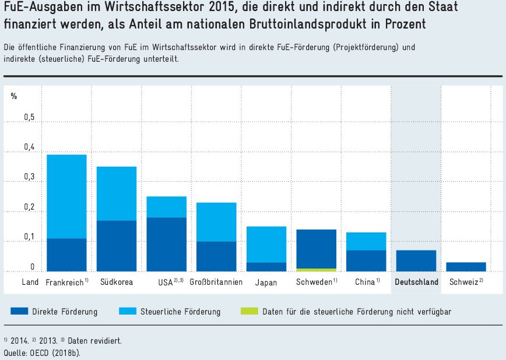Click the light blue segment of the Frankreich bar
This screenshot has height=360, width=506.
coord(66,196)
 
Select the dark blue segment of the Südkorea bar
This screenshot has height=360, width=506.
coord(116,246)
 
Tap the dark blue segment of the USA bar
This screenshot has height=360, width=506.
coord(166,244)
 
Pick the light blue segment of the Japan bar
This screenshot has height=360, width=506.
coord(266,244)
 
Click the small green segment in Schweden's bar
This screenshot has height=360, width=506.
coord(316,270)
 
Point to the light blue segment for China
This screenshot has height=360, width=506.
coord(366,241)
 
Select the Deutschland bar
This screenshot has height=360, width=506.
coord(416,260)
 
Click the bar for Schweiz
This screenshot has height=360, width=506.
coord(466,267)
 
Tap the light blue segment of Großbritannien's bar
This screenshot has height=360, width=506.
coord(216,222)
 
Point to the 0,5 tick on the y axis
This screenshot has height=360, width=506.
coord(29,118)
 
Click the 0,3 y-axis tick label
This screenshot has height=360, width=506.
coord(29,178)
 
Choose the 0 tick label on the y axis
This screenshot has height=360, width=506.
coord(33,267)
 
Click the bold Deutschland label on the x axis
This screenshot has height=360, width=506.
coord(416,283)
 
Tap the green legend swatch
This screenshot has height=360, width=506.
coord(249,311)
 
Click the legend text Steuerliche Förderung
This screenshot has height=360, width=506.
coord(180,312)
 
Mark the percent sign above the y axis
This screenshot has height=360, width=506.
coord(14,96)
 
